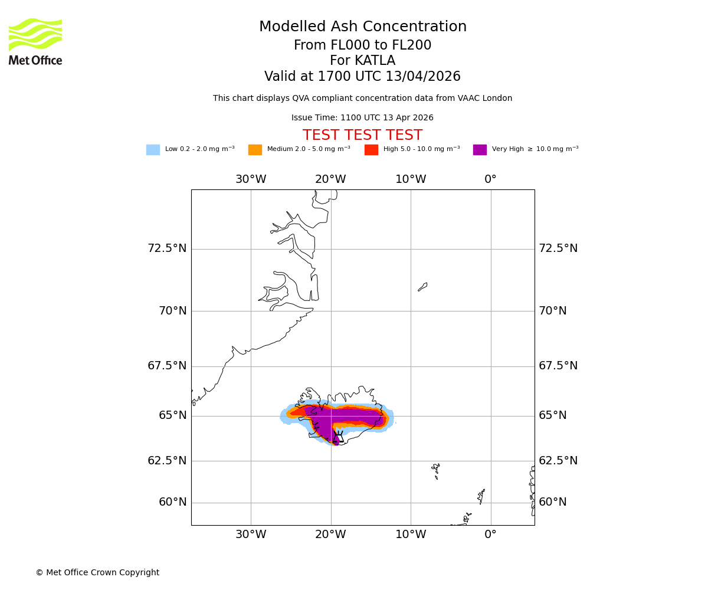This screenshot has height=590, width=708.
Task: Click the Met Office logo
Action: [35, 41]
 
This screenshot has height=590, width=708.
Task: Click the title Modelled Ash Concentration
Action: [362, 27]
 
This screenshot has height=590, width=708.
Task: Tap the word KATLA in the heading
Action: [375, 61]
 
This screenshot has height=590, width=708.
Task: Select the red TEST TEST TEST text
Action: [362, 136]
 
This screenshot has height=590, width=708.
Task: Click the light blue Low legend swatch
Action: [153, 150]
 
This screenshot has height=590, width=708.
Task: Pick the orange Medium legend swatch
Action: [255, 150]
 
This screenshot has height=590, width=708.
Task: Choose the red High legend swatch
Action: [371, 150]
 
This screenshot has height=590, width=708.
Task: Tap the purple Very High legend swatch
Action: [480, 150]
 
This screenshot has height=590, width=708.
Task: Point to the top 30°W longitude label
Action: [251, 179]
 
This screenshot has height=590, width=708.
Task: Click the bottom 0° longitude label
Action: [490, 535]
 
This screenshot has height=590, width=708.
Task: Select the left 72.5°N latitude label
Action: [167, 248]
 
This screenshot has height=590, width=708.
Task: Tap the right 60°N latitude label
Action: [552, 502]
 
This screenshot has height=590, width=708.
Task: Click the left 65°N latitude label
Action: [172, 415]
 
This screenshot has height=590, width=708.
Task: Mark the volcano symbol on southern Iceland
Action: [338, 437]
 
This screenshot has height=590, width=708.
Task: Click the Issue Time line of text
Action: [362, 118]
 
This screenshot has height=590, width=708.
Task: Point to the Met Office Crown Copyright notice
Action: [97, 573]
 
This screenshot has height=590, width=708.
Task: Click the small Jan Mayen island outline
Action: [422, 287]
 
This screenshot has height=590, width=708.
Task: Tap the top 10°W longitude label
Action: [411, 179]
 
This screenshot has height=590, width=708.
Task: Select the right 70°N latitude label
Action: [552, 311]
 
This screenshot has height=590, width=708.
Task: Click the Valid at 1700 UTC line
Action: [362, 77]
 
